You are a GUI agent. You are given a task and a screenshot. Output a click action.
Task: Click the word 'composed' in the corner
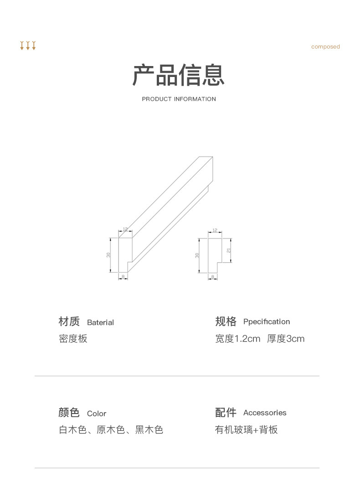click(x=325, y=46)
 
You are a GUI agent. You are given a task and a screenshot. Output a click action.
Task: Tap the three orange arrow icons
click(x=28, y=46)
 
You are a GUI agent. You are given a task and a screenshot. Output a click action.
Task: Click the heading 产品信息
click(x=179, y=75)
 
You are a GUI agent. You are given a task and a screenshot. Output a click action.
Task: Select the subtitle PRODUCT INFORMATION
click(x=179, y=99)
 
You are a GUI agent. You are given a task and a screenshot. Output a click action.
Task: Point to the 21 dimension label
click(x=229, y=250)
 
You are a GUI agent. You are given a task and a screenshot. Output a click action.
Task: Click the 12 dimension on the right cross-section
click(x=215, y=231)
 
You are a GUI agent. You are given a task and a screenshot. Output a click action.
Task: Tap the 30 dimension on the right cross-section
click(x=197, y=256)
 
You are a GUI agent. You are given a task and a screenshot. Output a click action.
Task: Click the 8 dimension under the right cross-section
click(x=213, y=277)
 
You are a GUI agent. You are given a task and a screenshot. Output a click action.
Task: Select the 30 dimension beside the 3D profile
click(x=108, y=255)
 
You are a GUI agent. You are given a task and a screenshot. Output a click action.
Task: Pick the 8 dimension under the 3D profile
click(x=123, y=277)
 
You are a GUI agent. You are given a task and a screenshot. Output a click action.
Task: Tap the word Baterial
click(x=100, y=322)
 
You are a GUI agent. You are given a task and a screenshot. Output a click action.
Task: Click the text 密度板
click(x=73, y=339)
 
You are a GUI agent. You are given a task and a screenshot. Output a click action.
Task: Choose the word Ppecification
click(x=267, y=322)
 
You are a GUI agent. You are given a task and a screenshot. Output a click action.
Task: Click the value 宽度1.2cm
click(x=237, y=339)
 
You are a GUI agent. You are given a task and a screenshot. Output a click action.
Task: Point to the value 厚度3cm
click(x=286, y=339)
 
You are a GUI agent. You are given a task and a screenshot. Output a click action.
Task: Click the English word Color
click(x=97, y=414)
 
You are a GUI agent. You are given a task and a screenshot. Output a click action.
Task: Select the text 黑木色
click(x=149, y=430)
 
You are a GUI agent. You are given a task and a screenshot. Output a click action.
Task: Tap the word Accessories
click(x=265, y=413)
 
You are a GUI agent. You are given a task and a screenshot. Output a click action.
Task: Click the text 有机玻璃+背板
click(x=246, y=430)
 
